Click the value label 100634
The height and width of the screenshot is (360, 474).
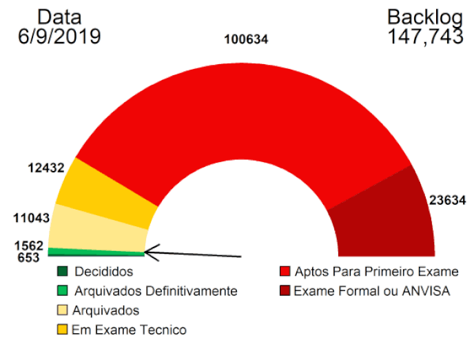pyautogui.click(x=246, y=39)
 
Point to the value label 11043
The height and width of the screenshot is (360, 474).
pyautogui.click(x=32, y=218)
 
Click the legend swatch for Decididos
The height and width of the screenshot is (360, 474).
pyautogui.click(x=63, y=272)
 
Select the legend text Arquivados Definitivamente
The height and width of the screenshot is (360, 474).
pyautogui.click(x=156, y=291)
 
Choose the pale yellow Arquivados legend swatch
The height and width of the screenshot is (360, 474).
pyautogui.click(x=63, y=310)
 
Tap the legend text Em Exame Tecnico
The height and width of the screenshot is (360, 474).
pyautogui.click(x=129, y=330)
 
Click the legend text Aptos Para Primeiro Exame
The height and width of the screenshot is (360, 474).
pyautogui.click(x=375, y=272)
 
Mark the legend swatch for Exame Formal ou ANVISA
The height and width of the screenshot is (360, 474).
pyautogui.click(x=284, y=291)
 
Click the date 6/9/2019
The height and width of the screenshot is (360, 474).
pyautogui.click(x=59, y=37)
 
